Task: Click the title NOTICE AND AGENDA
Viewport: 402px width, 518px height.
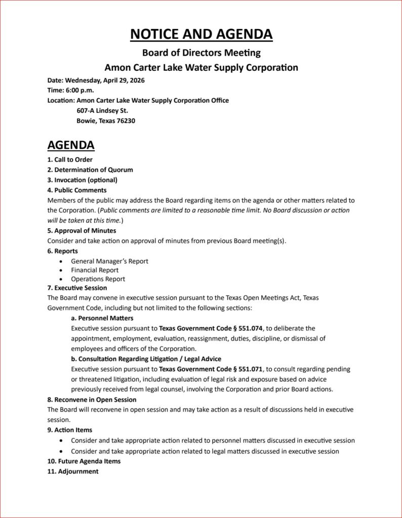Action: [x=201, y=34]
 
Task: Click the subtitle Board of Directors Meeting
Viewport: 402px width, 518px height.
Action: [x=201, y=52]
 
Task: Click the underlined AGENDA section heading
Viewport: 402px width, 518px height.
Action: [x=71, y=145]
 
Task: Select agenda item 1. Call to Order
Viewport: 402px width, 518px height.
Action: [x=70, y=160]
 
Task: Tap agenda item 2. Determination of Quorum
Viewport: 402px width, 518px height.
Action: [x=90, y=170]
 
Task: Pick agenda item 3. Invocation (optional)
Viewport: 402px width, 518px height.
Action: [x=82, y=180]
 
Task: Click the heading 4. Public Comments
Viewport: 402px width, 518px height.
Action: [x=77, y=190]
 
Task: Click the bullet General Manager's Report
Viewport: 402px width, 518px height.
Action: [x=109, y=261]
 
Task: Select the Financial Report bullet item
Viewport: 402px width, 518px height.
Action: [x=95, y=270]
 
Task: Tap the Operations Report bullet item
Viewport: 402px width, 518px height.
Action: [x=98, y=279]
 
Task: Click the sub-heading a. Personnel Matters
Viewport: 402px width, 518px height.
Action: [x=102, y=318]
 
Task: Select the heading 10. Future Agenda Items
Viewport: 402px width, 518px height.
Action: [x=84, y=461]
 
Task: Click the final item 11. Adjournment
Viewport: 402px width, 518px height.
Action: [x=73, y=471]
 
